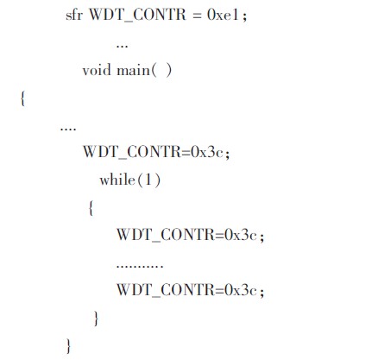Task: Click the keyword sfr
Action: click(x=74, y=15)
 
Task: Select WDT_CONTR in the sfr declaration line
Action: click(x=138, y=16)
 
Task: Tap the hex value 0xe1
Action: click(x=223, y=15)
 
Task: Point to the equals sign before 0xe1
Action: click(x=197, y=15)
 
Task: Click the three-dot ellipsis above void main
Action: click(x=122, y=46)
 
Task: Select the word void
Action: click(x=97, y=70)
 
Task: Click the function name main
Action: click(x=133, y=70)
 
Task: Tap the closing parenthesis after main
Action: click(x=168, y=71)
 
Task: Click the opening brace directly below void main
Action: click(x=22, y=98)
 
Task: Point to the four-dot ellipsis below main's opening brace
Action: click(x=68, y=129)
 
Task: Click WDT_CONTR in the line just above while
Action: click(x=132, y=152)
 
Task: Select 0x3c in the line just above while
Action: click(x=207, y=152)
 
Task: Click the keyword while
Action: click(x=117, y=180)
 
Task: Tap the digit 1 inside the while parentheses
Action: click(x=148, y=180)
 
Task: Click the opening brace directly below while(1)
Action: click(x=91, y=208)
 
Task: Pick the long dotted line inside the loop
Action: click(x=140, y=265)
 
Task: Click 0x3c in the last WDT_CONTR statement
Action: click(x=241, y=289)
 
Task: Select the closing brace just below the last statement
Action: click(x=96, y=319)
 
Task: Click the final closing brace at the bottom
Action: click(x=68, y=346)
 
